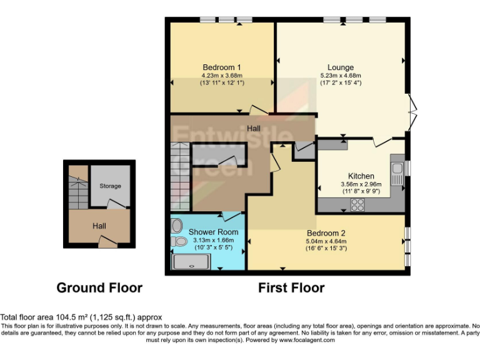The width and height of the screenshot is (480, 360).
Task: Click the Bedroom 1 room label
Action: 222,67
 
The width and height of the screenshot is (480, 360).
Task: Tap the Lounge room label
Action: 341,67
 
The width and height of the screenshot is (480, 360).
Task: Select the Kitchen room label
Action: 361,176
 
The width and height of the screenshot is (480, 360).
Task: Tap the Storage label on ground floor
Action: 110,186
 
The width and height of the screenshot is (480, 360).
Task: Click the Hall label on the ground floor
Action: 99,226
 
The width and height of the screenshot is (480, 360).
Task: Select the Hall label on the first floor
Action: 254,128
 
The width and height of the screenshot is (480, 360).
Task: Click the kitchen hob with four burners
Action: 359,204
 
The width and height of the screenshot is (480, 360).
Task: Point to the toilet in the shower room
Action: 180,241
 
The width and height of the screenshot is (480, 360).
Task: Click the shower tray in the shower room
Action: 192,262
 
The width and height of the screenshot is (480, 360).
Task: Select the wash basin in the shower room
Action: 176,225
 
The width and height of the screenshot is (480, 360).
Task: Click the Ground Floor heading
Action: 99,288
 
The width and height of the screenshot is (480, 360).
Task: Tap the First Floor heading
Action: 291,288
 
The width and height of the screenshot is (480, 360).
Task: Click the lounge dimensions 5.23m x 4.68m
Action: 341,76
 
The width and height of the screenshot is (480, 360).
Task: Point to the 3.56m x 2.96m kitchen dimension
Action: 361,184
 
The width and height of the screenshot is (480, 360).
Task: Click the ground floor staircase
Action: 78,190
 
